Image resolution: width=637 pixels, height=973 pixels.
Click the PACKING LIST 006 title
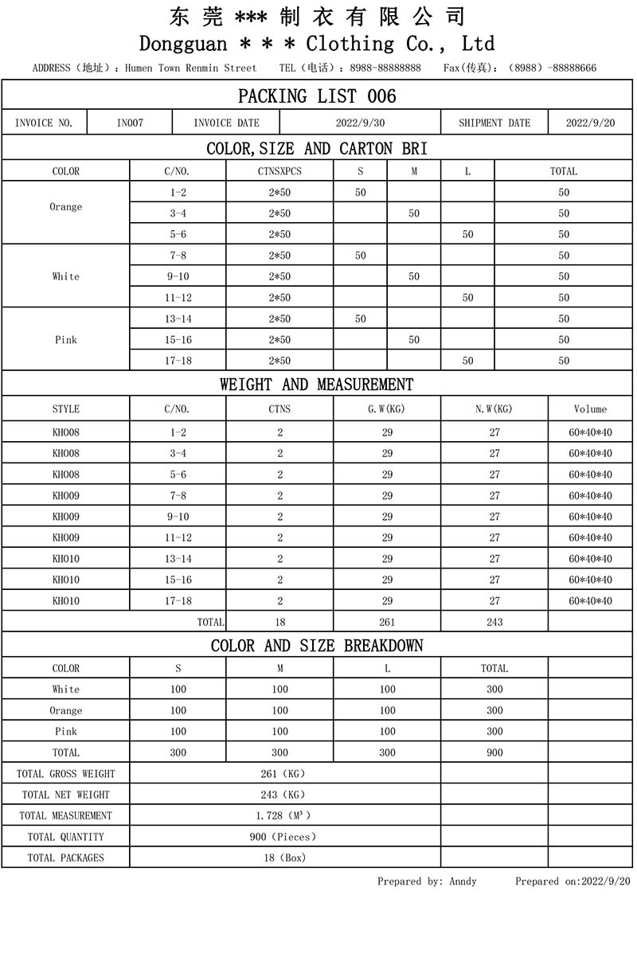[x=317, y=96]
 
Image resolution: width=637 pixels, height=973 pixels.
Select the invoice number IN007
[x=130, y=123]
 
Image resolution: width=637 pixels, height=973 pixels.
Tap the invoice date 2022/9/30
[x=360, y=123]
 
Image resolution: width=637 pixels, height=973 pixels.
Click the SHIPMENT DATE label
[x=494, y=123]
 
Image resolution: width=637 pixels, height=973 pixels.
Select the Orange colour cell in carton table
[x=65, y=207]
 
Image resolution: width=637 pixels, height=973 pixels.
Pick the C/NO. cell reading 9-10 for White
[x=178, y=276]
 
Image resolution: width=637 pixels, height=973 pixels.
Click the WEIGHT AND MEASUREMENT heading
[x=317, y=385]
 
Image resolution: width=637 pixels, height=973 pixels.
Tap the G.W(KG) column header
[x=387, y=409]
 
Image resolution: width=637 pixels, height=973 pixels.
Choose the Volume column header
[x=590, y=409]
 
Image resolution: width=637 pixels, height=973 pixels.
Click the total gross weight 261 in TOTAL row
[x=387, y=622]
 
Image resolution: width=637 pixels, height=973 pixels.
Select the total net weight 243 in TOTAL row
[x=494, y=622]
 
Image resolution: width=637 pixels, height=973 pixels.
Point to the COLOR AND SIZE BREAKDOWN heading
[x=317, y=645]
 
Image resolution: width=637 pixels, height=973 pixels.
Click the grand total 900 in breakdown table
[x=494, y=752]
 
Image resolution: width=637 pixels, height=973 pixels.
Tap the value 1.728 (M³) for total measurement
[x=283, y=815]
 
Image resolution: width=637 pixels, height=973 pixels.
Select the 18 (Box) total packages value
[x=284, y=858]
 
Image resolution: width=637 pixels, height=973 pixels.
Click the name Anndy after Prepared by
[x=463, y=881]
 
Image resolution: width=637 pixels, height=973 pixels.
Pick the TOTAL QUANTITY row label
[x=65, y=837]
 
